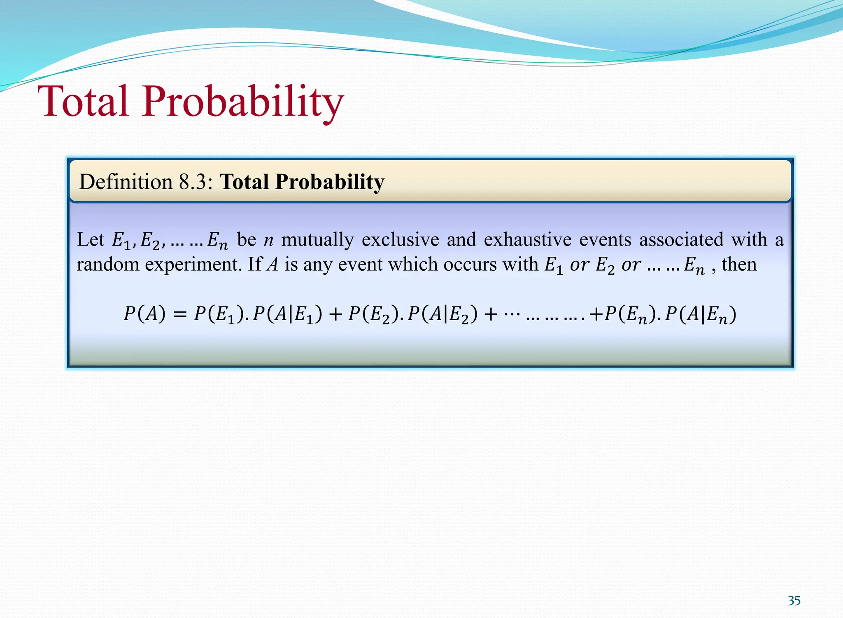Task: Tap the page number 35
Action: [794, 601]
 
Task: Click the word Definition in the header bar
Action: [126, 182]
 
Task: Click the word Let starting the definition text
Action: [91, 239]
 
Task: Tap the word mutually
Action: [317, 240]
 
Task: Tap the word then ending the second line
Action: [739, 264]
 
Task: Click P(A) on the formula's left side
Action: [144, 314]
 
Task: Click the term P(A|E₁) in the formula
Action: [287, 315]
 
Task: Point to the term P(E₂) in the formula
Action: [373, 315]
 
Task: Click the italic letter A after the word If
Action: [272, 265]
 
